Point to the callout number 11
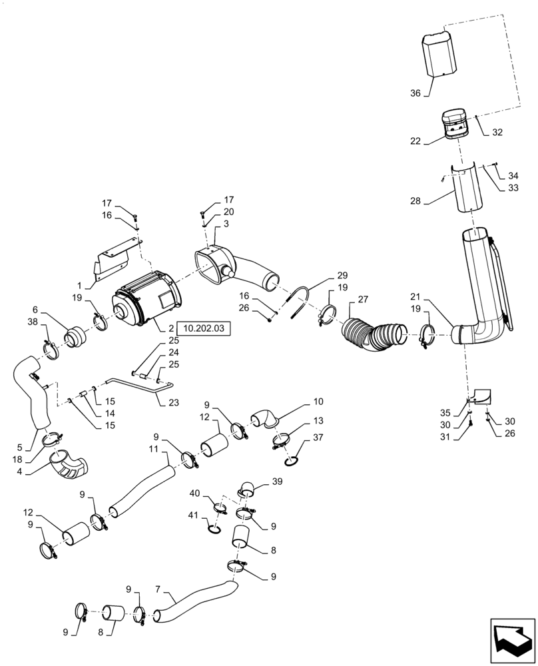point(152,451)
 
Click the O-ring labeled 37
point(291,462)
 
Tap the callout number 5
point(19,448)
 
